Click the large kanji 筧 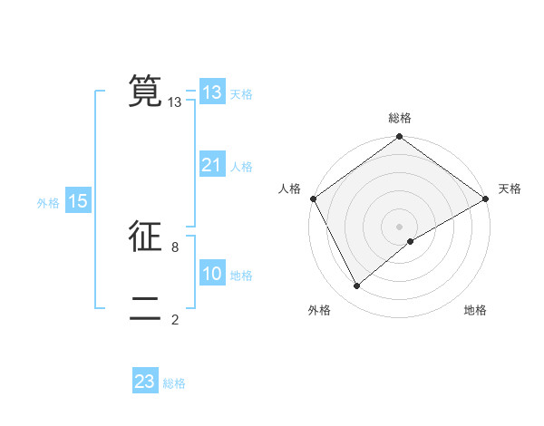click(x=145, y=91)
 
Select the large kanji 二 click(x=145, y=308)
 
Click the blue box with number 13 click(x=212, y=92)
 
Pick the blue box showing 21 click(x=212, y=165)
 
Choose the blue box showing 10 click(x=212, y=274)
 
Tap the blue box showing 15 click(x=78, y=202)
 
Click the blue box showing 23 click(x=145, y=382)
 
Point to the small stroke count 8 click(x=175, y=247)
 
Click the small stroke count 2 click(x=175, y=319)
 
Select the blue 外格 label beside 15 click(x=48, y=203)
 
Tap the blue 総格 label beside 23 click(x=174, y=383)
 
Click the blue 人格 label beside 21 click(x=241, y=167)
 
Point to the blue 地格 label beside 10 click(x=241, y=276)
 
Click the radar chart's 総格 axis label click(x=400, y=118)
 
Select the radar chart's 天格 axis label click(x=510, y=189)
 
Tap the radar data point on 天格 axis click(x=486, y=198)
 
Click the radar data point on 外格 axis click(x=357, y=286)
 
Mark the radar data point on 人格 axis click(x=313, y=198)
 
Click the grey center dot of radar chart click(x=399, y=226)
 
